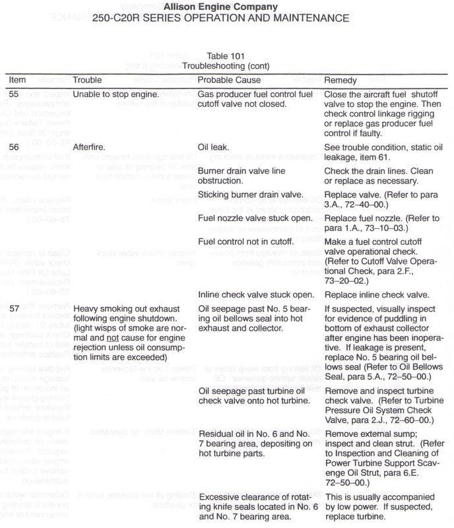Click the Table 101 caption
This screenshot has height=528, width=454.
pos(226,57)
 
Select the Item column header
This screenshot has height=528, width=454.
pos(18,80)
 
